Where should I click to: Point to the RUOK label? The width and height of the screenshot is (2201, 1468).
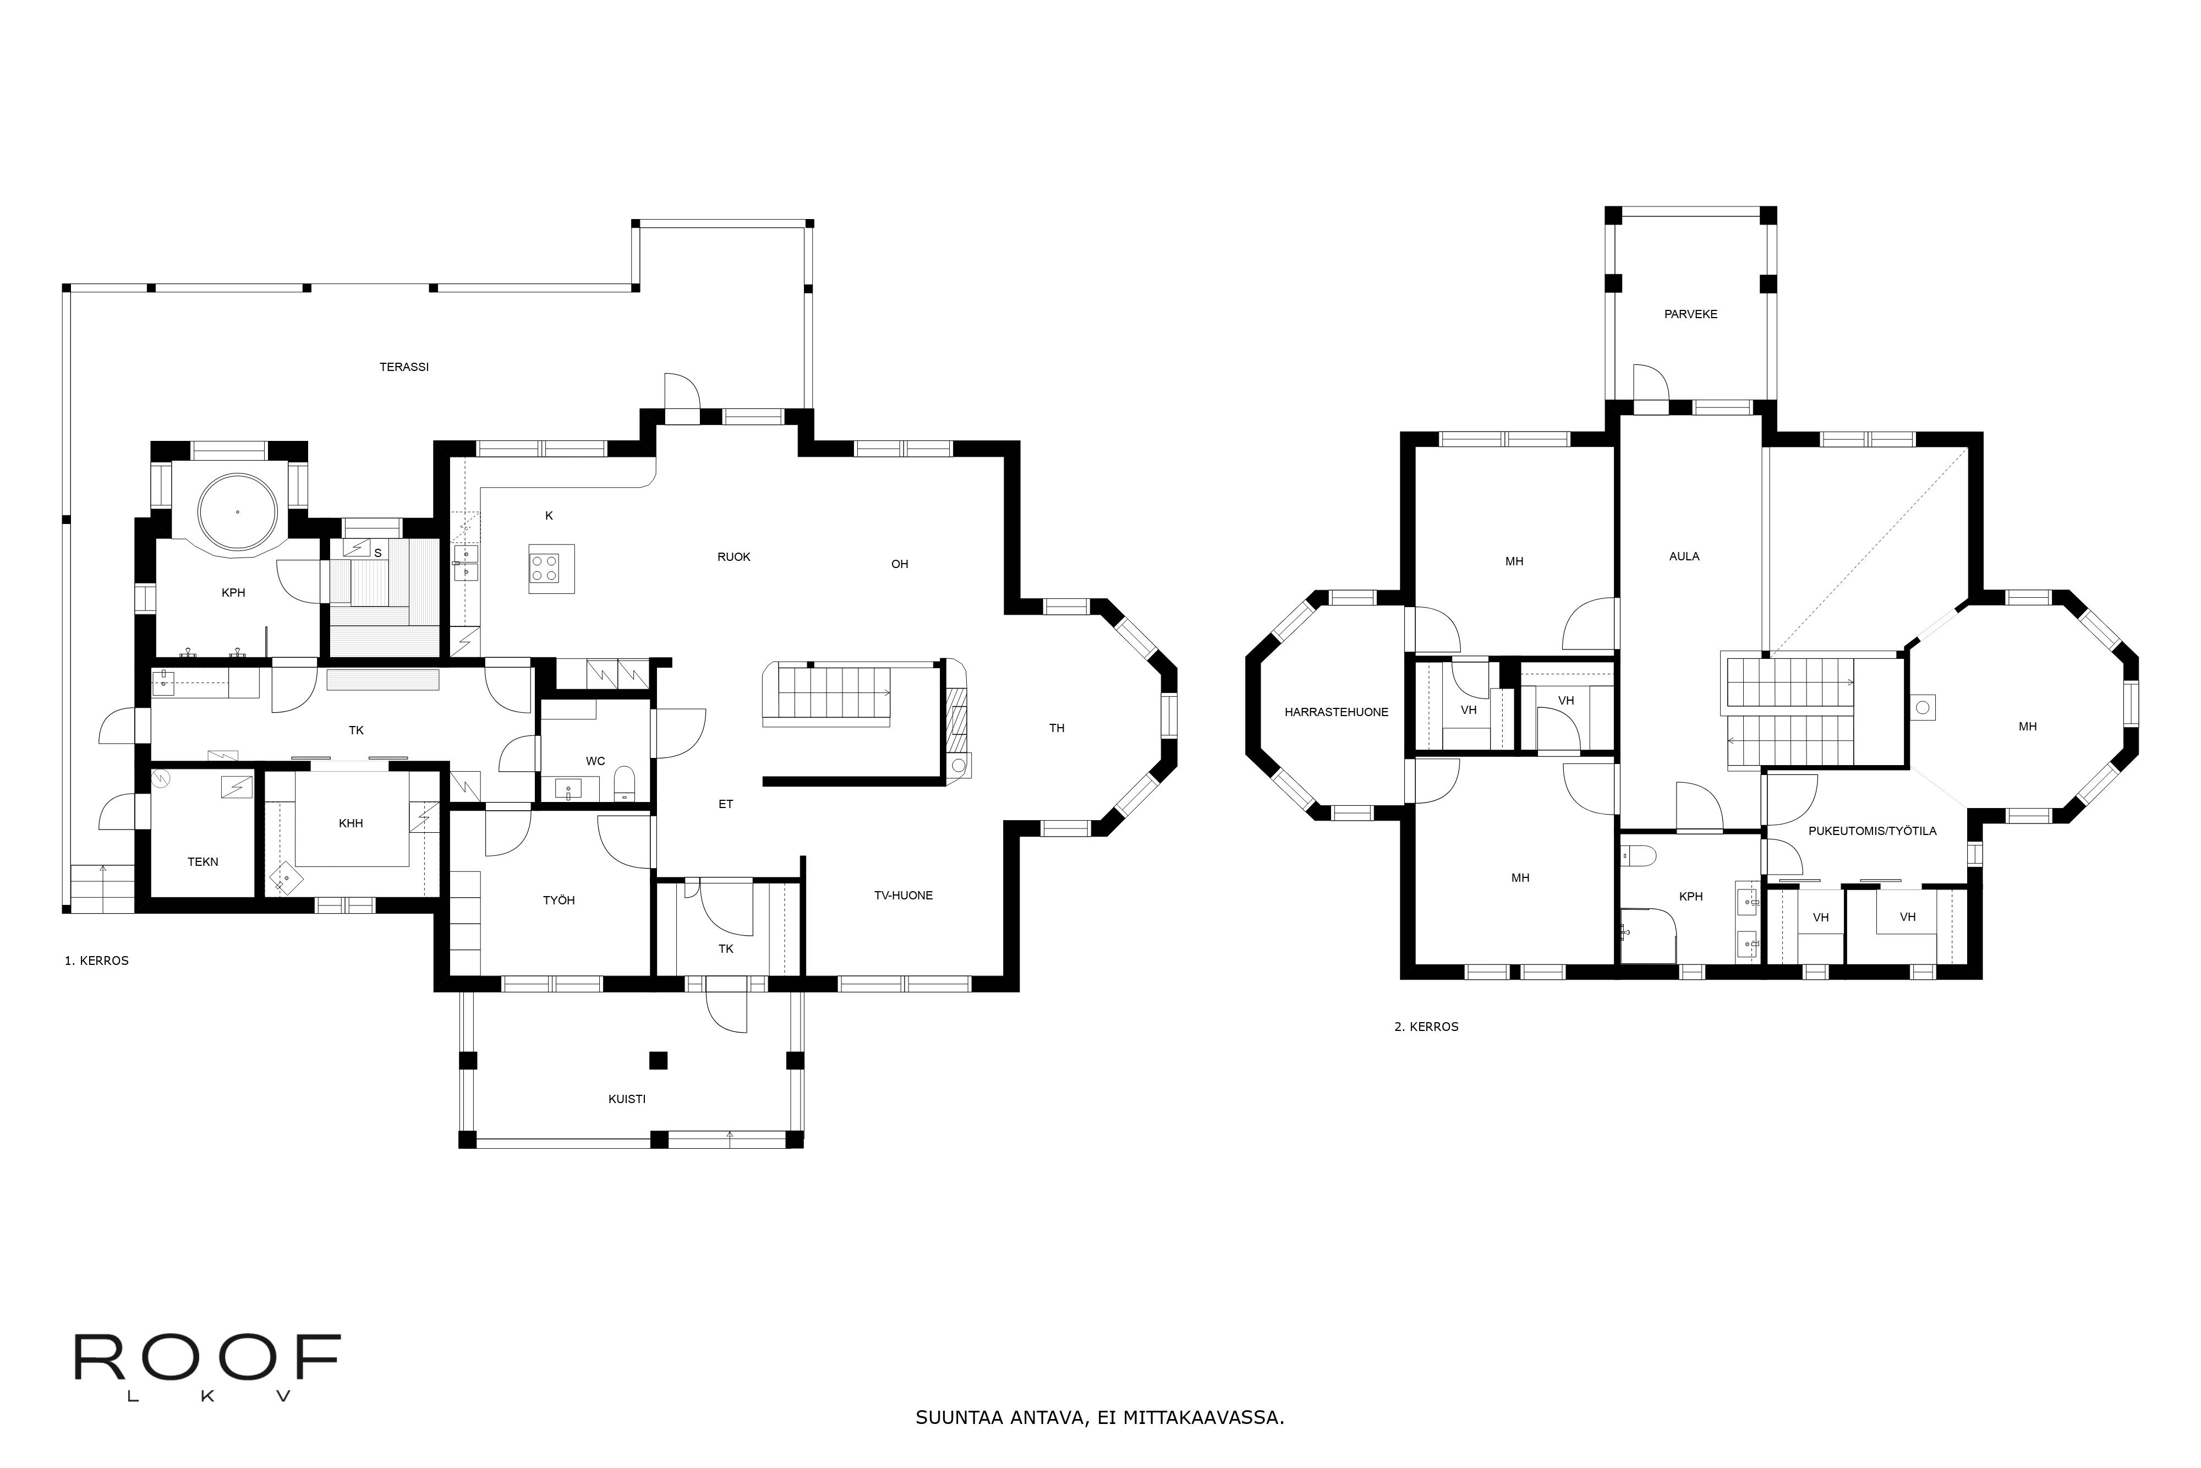click(x=733, y=557)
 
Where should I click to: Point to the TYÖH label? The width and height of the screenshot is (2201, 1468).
click(x=559, y=900)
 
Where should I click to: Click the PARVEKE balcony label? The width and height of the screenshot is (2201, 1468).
click(x=1690, y=315)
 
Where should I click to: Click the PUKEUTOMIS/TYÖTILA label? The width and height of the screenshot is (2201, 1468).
click(x=1871, y=831)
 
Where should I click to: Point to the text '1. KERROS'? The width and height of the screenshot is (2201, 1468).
click(x=96, y=961)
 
